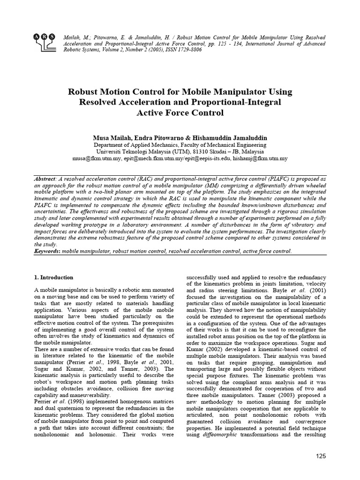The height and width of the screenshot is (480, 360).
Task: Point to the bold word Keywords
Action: tap(48, 251)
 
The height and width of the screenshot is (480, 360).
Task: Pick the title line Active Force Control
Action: tap(180, 112)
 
